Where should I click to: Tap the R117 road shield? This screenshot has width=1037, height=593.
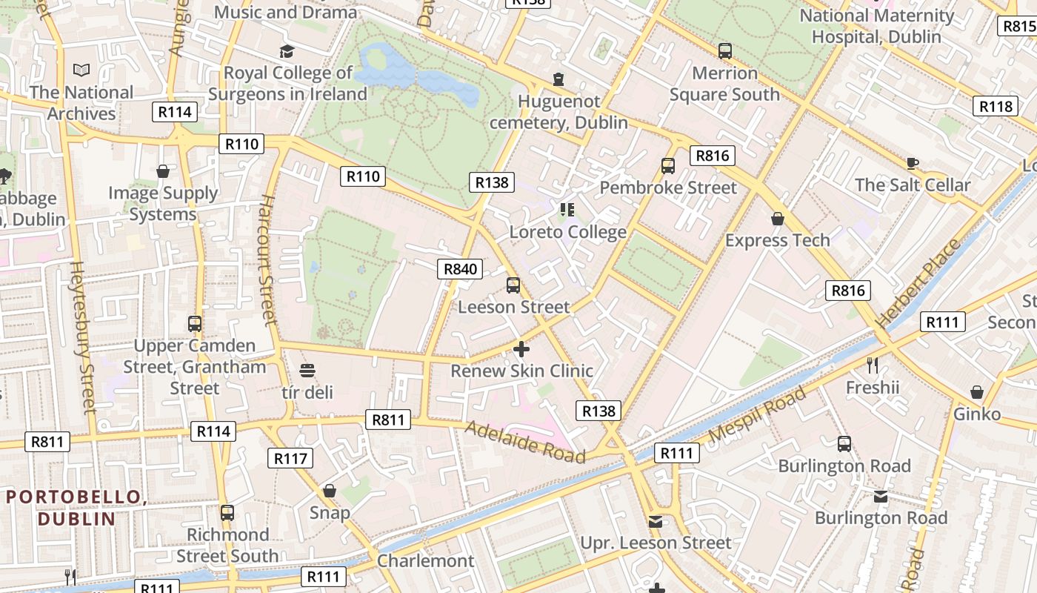290,458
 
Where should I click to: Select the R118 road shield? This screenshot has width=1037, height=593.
996,106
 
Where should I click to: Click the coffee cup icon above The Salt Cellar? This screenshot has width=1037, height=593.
912,163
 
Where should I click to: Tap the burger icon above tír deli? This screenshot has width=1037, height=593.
307,370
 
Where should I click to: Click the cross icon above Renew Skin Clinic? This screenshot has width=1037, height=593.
521,348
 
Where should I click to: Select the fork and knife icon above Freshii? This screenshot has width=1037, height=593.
873,365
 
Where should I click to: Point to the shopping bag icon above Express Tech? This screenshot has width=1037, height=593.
778,218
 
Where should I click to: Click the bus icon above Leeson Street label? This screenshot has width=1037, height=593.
513,285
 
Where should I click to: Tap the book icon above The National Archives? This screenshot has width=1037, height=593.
81,70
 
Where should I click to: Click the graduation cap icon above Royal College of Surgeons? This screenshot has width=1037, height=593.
287,51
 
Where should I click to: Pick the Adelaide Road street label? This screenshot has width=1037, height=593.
525,442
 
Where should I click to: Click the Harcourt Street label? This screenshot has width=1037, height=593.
267,260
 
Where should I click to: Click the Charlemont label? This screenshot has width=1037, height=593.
425,560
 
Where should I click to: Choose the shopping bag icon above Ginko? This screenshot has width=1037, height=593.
977,391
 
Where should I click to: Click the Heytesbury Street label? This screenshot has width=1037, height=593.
82,337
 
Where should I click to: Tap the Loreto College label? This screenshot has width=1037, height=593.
567,232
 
